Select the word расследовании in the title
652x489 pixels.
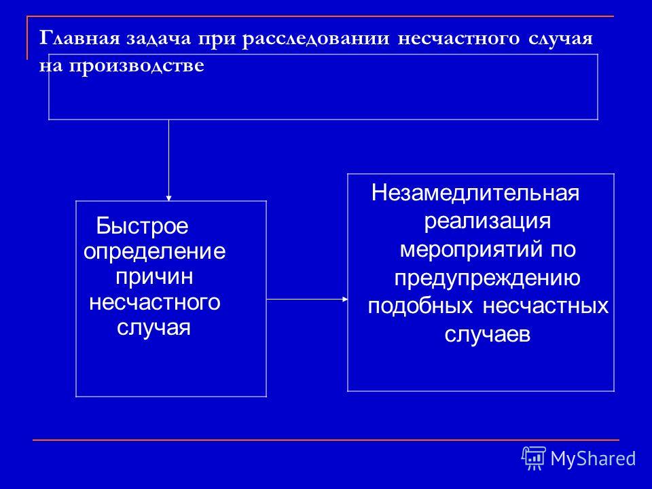pos(316,39)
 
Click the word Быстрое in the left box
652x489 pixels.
pos(142,226)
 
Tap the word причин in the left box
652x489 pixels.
pos(154,277)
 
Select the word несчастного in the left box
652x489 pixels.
pos(155,302)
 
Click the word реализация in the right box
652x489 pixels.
pos(488,221)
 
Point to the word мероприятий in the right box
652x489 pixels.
pos(471,249)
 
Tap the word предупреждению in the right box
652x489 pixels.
pos(488,278)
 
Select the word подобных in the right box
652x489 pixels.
pos(420,306)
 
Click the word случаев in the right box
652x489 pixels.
pos(488,334)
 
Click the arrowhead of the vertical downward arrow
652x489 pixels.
pos(169,198)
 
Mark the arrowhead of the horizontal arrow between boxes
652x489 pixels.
pos(345,299)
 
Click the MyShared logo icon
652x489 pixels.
pos(534,458)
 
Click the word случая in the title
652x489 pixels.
pos(560,39)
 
